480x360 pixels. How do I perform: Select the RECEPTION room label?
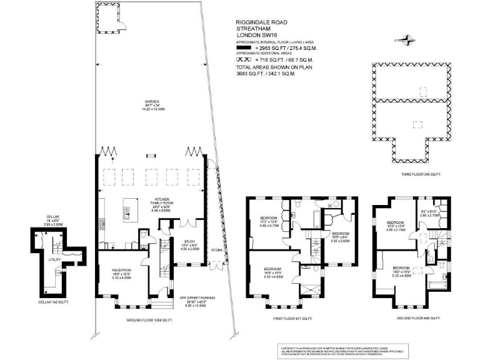pyautogui.click(x=121, y=270)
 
